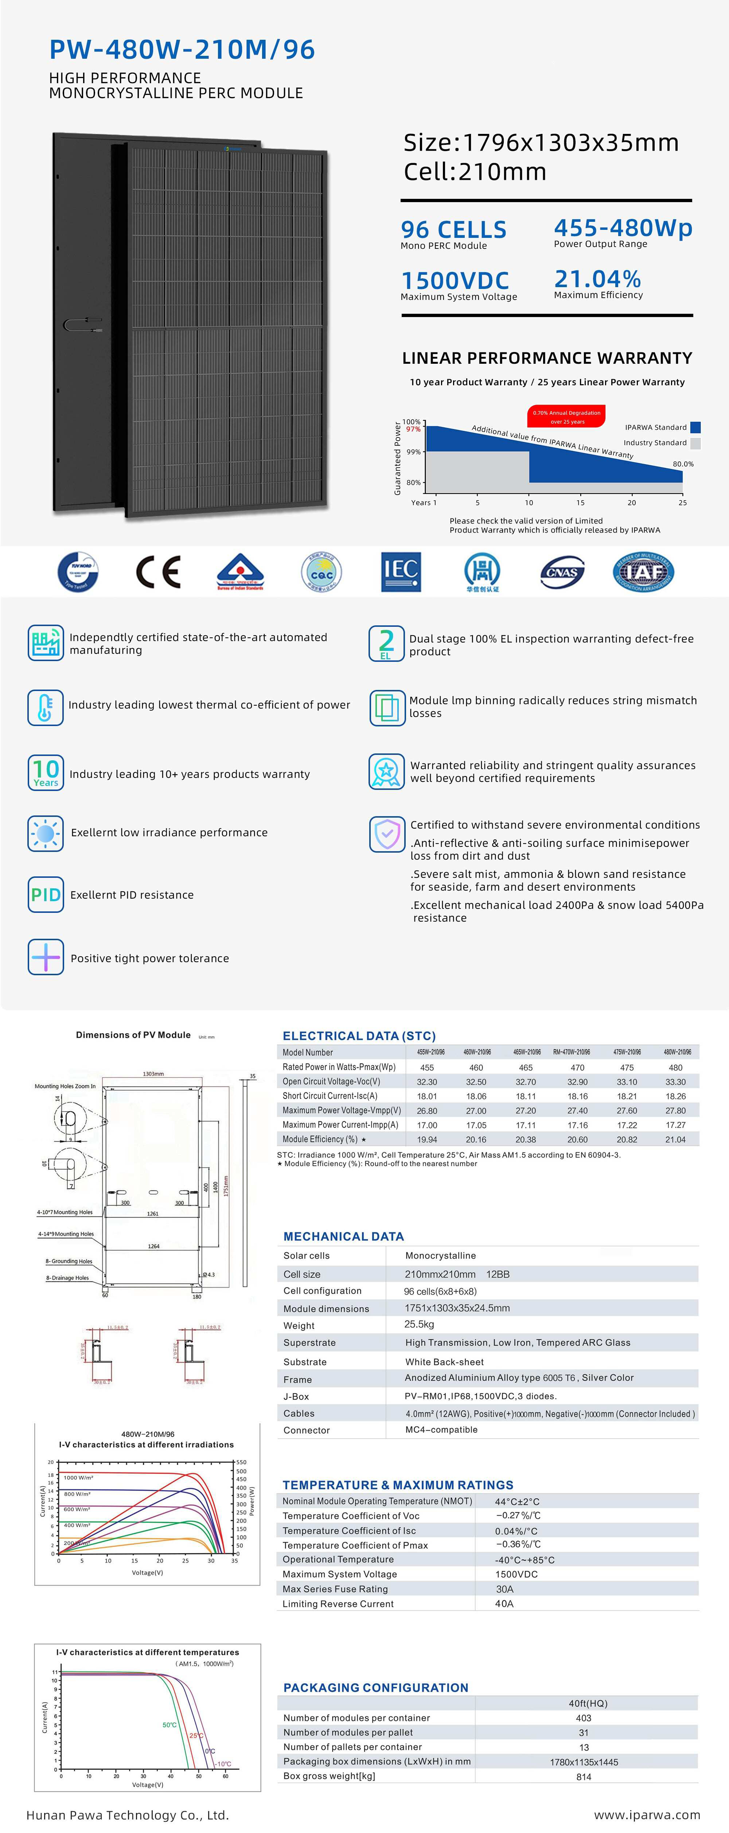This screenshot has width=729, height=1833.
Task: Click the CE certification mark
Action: click(x=158, y=571)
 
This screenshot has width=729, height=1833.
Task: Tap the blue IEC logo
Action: click(x=401, y=571)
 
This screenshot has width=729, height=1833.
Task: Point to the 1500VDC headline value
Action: click(x=455, y=280)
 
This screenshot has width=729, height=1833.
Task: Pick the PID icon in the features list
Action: click(x=46, y=895)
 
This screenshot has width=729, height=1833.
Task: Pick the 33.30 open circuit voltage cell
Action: click(x=676, y=1081)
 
